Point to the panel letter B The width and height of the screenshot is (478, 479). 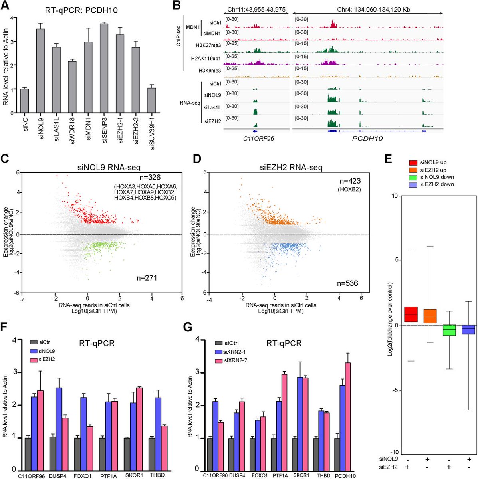(177, 6)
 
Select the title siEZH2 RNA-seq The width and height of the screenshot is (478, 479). (274, 167)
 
